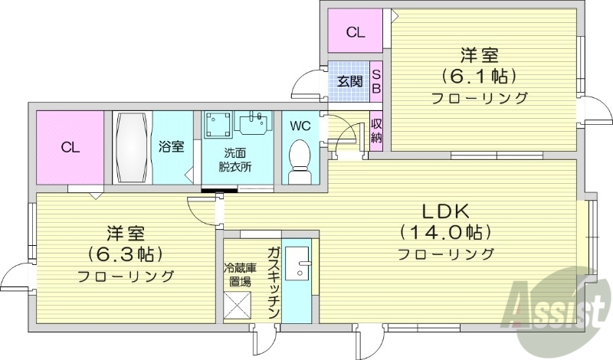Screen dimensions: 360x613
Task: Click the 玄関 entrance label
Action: point(349,80)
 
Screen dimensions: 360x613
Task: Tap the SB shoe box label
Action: point(376,80)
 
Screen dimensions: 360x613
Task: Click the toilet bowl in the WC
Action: point(300,158)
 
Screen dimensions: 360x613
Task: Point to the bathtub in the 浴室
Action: point(133,146)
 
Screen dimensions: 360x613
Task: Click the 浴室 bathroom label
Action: point(172,146)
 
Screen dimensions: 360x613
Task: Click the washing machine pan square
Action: point(218,126)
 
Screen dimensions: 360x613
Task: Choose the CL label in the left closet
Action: point(70,146)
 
